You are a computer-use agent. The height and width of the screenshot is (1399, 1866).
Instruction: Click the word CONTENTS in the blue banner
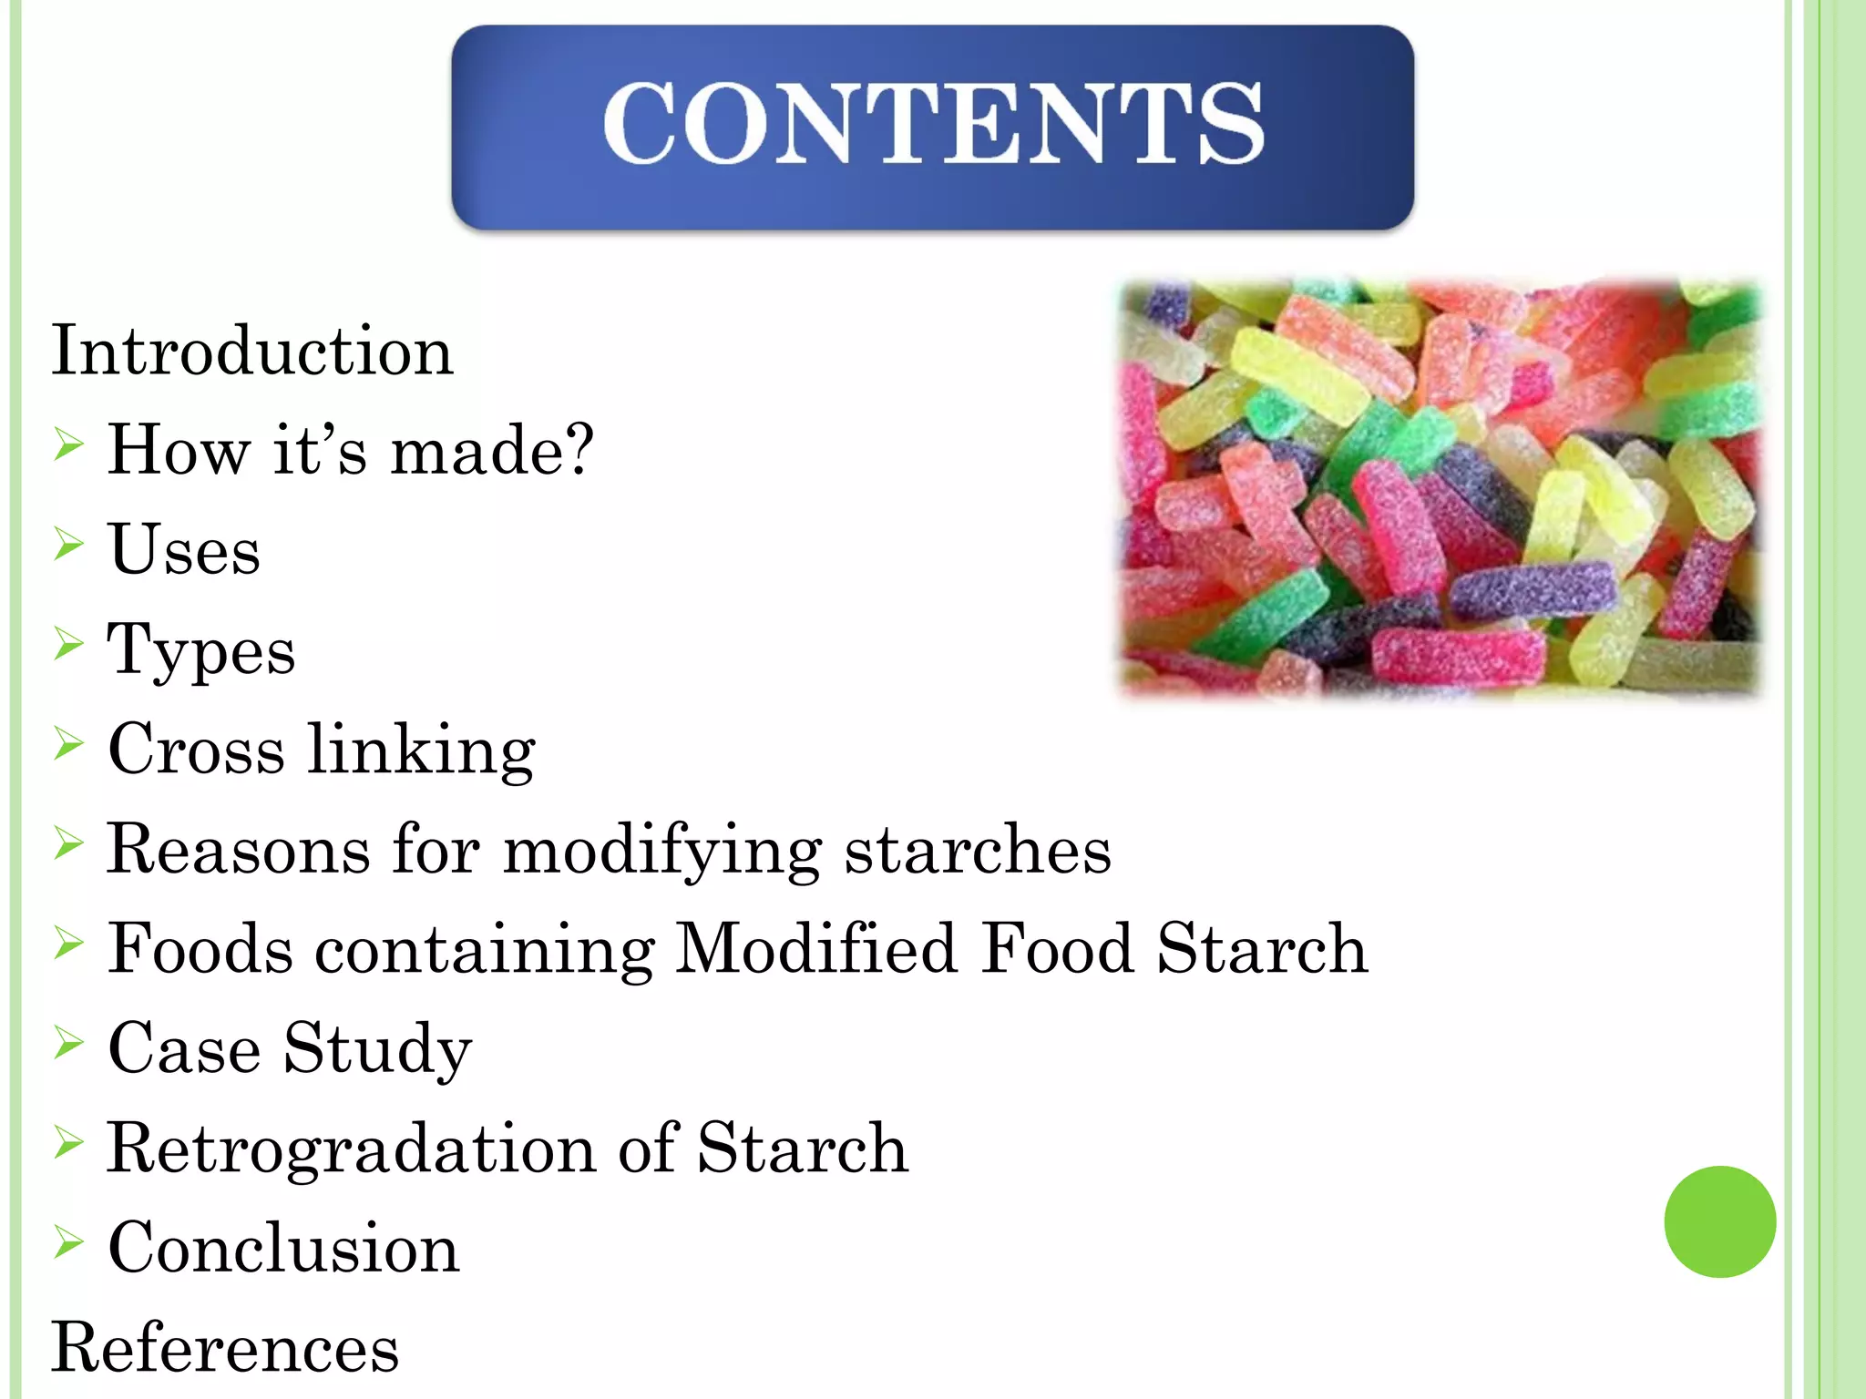[933, 124]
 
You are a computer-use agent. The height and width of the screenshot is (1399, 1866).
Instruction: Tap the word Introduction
[251, 352]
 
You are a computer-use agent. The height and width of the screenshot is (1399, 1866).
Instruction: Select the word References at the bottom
[225, 1348]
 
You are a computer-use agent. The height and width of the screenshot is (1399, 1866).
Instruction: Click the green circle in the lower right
[1719, 1221]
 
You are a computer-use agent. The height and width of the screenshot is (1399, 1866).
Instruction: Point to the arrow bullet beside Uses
[68, 544]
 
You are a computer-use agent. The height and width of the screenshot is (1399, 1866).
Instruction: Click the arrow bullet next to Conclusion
[68, 1241]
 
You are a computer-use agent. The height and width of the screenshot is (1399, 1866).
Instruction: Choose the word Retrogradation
[352, 1149]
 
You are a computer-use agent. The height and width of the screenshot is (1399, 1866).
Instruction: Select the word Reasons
[238, 850]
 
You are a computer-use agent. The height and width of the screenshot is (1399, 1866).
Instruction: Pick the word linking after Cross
[421, 751]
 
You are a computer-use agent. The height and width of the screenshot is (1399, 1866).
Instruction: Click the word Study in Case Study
[377, 1049]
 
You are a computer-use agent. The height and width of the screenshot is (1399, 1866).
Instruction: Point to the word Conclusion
[283, 1248]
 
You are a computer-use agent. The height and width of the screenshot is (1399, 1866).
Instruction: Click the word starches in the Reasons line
[977, 850]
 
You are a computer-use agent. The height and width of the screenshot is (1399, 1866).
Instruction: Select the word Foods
[200, 949]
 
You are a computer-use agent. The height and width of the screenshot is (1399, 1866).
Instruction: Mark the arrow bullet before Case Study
[68, 1042]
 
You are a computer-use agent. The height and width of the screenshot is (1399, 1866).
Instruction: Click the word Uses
[184, 551]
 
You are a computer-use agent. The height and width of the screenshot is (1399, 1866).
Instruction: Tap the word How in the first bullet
[179, 450]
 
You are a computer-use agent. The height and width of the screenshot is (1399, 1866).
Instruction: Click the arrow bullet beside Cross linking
[68, 743]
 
